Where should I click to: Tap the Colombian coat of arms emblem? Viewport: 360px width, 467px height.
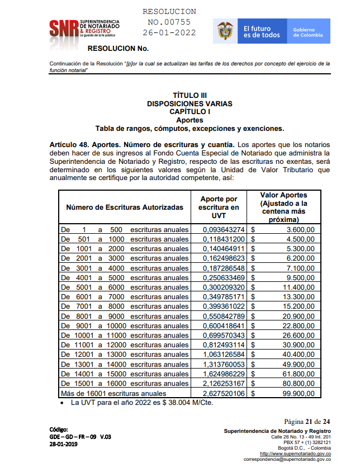click(226, 31)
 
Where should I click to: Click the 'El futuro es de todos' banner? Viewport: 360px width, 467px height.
click(262, 32)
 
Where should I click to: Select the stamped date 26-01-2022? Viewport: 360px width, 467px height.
click(169, 32)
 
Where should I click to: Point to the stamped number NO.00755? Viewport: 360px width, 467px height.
click(169, 22)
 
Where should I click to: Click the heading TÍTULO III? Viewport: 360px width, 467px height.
click(190, 96)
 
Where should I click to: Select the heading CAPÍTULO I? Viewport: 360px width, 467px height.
click(190, 111)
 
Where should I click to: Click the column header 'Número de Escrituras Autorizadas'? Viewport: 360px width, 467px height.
click(125, 207)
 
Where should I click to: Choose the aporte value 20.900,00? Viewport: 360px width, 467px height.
click(299, 316)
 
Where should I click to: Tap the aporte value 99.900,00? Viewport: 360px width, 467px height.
click(299, 393)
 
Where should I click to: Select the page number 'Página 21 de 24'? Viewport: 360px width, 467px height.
click(307, 421)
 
